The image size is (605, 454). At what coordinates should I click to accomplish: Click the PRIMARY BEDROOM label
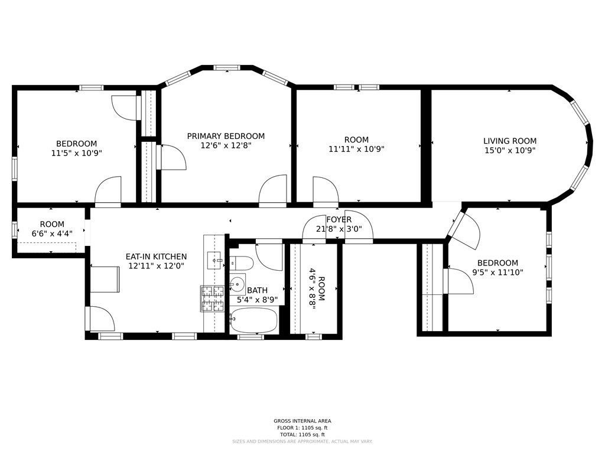click(226, 137)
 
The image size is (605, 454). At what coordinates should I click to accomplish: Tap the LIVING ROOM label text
click(510, 141)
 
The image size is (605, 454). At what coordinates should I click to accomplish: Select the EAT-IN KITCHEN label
click(156, 257)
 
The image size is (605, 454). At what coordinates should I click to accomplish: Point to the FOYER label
click(339, 220)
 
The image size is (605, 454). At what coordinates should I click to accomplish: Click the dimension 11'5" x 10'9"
click(76, 153)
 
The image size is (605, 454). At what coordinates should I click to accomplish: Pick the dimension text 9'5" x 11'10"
click(497, 272)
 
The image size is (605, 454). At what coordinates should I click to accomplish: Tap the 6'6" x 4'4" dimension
click(52, 234)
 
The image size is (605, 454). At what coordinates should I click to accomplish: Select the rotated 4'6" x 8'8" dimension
click(312, 288)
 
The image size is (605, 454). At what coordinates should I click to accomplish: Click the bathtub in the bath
click(254, 320)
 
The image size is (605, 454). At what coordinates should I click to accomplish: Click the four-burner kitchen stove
click(212, 299)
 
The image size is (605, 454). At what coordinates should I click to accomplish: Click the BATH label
click(258, 290)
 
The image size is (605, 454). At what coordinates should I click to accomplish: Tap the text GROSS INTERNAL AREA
click(302, 421)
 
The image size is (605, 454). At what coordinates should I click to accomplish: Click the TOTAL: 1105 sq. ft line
click(302, 434)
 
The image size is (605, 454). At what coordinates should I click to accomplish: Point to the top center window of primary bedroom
click(227, 67)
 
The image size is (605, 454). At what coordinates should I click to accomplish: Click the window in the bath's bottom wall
click(251, 336)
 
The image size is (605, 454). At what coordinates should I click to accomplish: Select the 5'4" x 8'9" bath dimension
click(258, 300)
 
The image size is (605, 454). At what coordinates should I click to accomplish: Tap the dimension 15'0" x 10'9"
click(510, 151)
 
